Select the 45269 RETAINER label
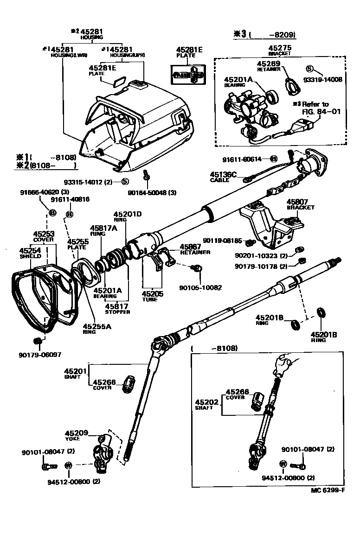[269, 65]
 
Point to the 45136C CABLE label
[223, 177]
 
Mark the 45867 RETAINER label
[194, 249]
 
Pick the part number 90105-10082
[200, 287]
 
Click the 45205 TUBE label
[150, 296]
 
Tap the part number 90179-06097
[39, 355]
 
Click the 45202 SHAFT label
[204, 405]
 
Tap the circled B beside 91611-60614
[274, 159]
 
